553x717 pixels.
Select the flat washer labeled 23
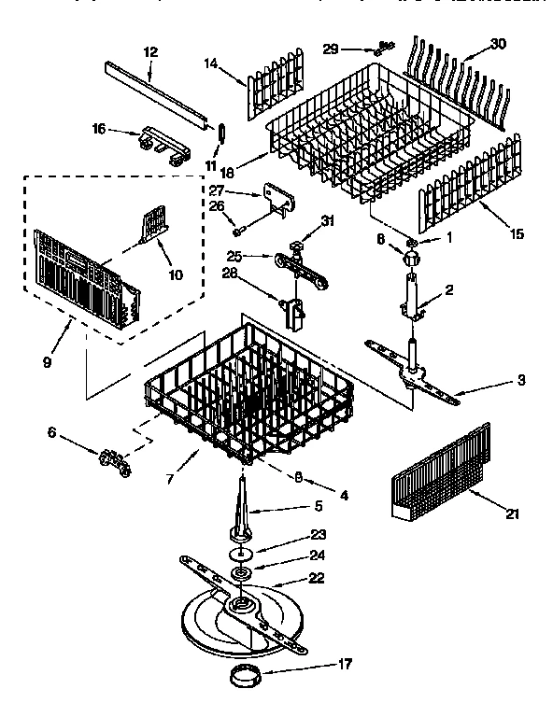242,552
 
